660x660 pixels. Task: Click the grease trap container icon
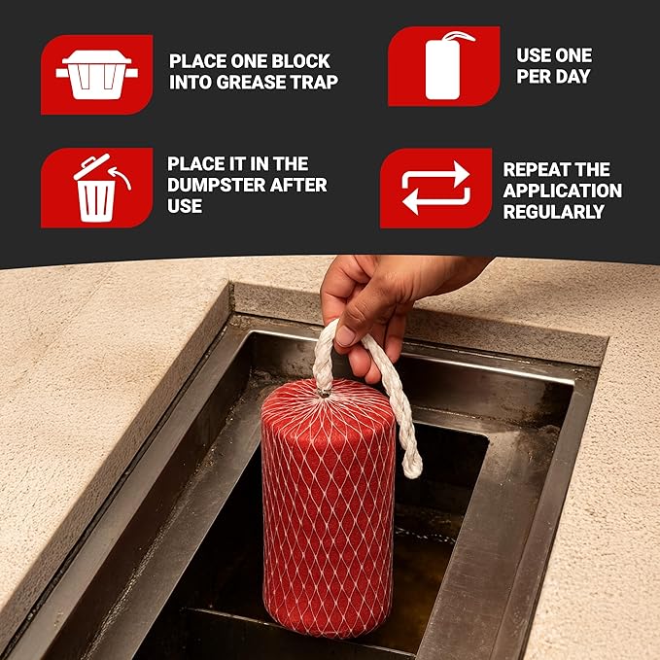tap(97, 75)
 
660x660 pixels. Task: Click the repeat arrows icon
tap(435, 188)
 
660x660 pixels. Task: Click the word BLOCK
tap(300, 61)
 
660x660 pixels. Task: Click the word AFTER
tap(298, 185)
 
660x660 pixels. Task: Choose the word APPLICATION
tap(563, 191)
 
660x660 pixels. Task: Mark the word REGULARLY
tap(554, 212)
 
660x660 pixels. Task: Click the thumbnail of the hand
tap(344, 336)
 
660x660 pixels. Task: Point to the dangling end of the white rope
tap(412, 468)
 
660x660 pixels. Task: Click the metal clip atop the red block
tap(324, 394)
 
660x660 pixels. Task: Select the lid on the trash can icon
tap(91, 166)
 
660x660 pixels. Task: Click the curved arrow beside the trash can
tap(120, 177)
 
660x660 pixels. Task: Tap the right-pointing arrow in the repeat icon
tap(435, 174)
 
